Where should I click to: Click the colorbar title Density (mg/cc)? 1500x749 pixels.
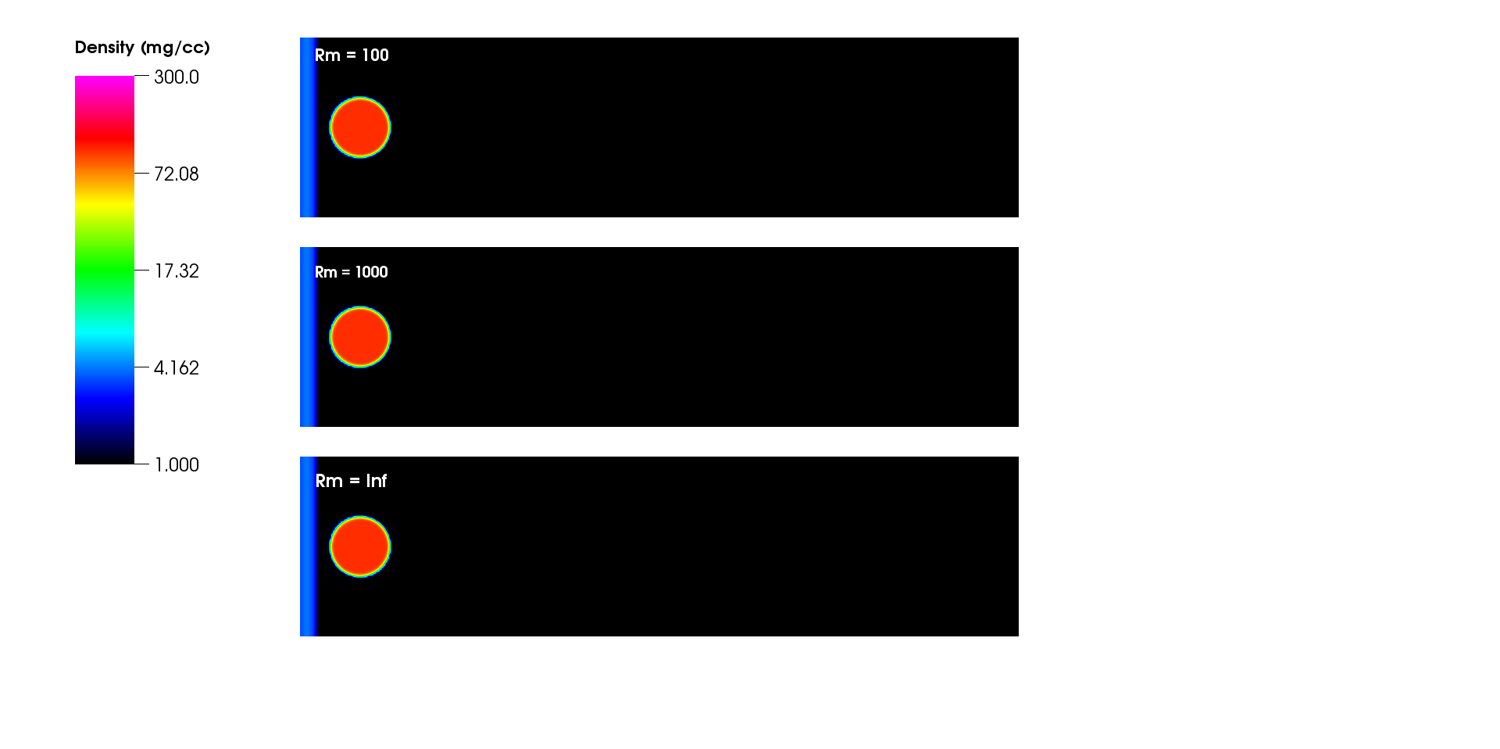(x=142, y=48)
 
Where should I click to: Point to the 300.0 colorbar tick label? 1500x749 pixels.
(x=177, y=77)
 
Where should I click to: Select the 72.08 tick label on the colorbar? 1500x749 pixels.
(x=177, y=174)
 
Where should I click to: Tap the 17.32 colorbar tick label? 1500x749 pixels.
(x=177, y=271)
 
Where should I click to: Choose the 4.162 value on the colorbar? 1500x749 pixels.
(x=177, y=368)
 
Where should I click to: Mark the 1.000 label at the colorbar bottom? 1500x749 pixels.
(x=177, y=465)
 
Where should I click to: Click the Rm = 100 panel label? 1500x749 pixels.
(x=352, y=56)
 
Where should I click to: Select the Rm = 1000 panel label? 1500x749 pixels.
(x=351, y=272)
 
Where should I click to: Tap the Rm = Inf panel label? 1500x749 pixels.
(x=351, y=481)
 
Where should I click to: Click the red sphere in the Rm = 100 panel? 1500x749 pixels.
(x=360, y=127)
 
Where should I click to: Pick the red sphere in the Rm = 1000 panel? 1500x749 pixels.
(x=360, y=337)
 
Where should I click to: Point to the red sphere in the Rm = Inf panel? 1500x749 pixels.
(x=360, y=547)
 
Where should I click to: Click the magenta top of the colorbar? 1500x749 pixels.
(x=105, y=83)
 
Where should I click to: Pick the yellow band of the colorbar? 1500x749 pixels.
(x=105, y=206)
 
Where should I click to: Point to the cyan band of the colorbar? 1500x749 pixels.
(x=105, y=335)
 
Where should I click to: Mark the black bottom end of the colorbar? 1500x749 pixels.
(x=105, y=457)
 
